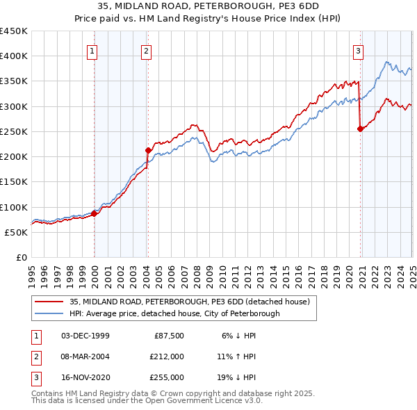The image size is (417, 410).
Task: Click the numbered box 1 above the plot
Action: point(92,49)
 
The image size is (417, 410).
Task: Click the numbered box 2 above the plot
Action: point(147,49)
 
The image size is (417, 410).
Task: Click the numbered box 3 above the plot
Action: point(358,49)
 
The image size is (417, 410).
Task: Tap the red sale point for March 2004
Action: point(148,150)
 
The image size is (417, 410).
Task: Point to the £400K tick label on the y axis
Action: point(14,56)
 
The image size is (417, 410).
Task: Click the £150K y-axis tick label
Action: point(14,182)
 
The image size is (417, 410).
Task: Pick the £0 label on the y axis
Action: point(22,258)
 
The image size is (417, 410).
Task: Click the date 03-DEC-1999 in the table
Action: point(85,336)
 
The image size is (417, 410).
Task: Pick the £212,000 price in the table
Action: point(166,356)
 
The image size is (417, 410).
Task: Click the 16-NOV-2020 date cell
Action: point(85,377)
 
